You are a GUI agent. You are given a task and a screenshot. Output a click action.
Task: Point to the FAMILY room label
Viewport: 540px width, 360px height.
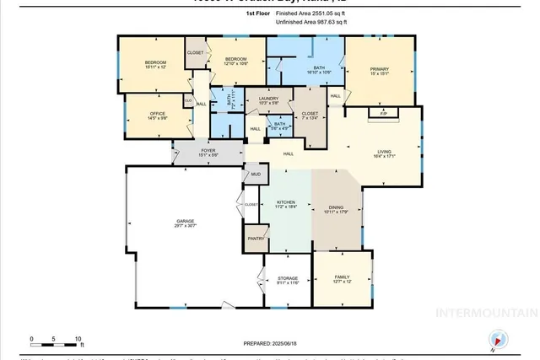coord(341,277)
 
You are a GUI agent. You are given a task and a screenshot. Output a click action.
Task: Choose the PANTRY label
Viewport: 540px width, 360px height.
coord(256,239)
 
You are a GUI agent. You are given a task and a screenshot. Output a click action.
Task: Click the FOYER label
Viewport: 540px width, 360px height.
coord(208,152)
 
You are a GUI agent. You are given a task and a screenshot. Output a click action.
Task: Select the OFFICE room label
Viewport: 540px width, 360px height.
coord(157,115)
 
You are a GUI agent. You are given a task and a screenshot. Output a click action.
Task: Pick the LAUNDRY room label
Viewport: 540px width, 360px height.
coord(267,99)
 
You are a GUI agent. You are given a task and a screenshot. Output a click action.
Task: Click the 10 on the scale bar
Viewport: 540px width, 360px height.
coord(78,339)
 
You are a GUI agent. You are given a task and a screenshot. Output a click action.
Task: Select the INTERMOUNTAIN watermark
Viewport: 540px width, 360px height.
coord(484,312)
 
